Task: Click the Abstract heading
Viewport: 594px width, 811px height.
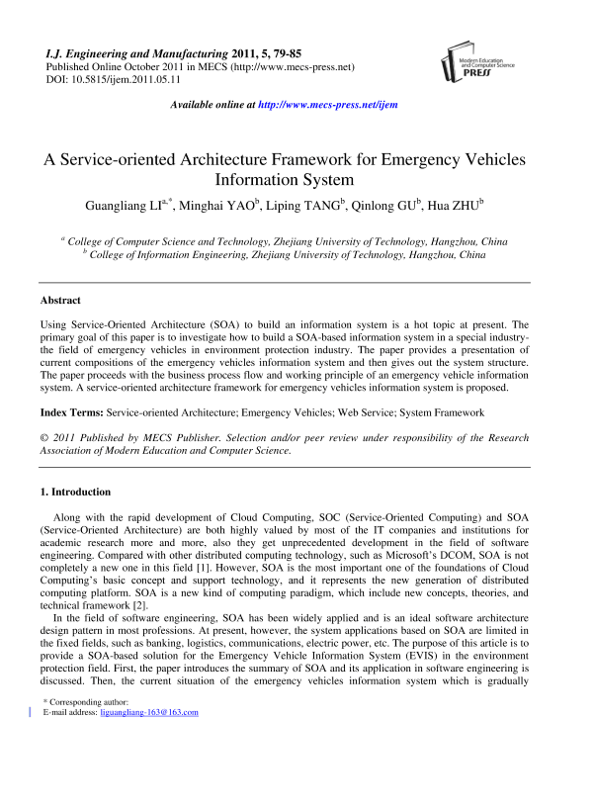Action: coord(60,300)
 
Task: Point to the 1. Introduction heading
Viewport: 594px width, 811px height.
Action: coord(75,492)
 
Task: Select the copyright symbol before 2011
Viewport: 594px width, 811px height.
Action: coord(43,437)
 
